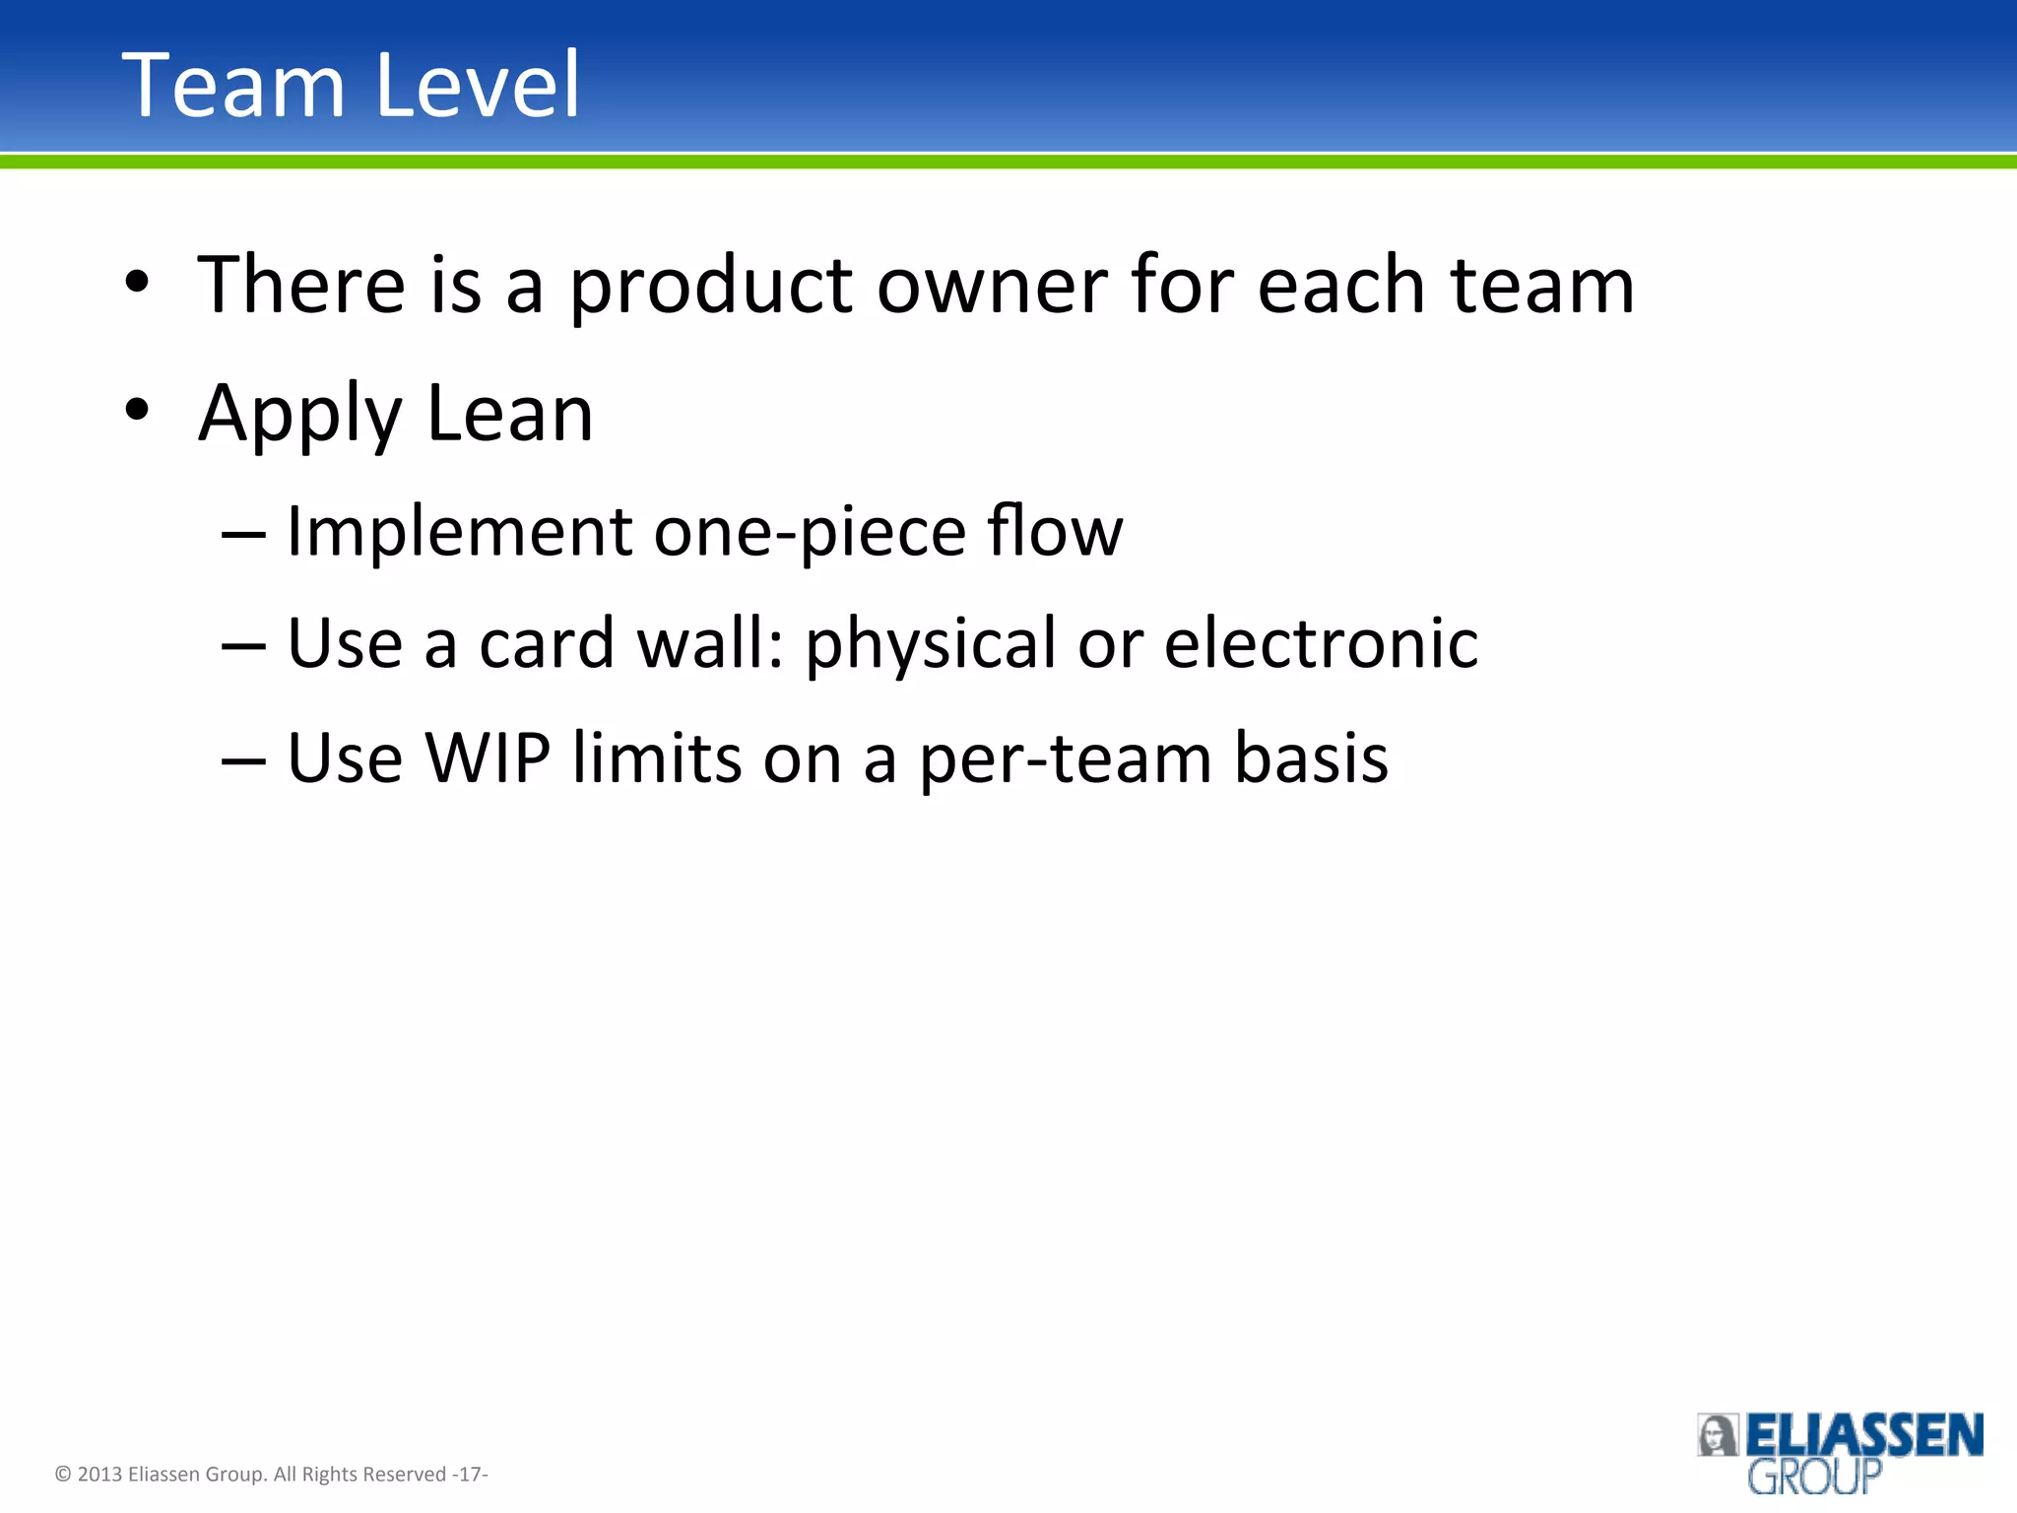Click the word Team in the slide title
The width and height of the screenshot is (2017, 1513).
pyautogui.click(x=232, y=86)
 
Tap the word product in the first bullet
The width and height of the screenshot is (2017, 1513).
pyautogui.click(x=711, y=287)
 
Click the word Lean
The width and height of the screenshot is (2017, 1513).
pyautogui.click(x=510, y=413)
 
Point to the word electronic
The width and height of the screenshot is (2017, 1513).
pyautogui.click(x=1321, y=644)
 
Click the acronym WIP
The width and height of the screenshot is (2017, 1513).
pyautogui.click(x=488, y=758)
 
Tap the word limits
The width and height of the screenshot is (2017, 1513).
pyautogui.click(x=657, y=758)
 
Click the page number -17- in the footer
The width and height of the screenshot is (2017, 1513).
pyautogui.click(x=470, y=1475)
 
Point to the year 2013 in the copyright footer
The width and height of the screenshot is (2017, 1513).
pyautogui.click(x=99, y=1475)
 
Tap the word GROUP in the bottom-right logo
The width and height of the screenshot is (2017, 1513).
pyautogui.click(x=1814, y=1478)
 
